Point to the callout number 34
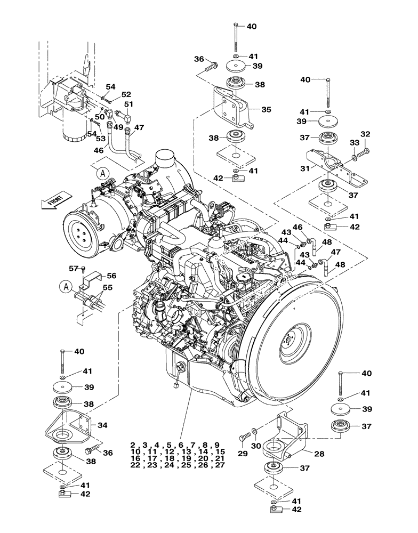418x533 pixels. (103, 425)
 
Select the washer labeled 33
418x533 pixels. (355, 158)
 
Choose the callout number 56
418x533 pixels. (111, 276)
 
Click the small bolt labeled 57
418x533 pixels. (84, 268)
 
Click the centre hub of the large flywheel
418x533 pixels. (288, 337)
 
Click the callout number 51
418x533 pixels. (129, 104)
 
